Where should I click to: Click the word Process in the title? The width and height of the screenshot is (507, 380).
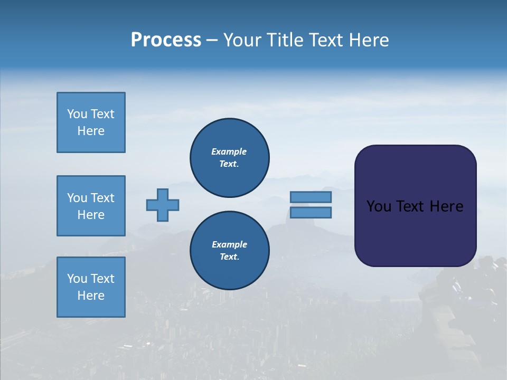(x=166, y=40)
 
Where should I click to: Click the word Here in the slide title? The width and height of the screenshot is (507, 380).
(x=368, y=40)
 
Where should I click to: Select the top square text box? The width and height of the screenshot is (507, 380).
(x=91, y=122)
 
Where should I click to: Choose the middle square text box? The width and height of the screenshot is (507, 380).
(x=91, y=206)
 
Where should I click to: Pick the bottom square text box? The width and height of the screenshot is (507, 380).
(x=91, y=287)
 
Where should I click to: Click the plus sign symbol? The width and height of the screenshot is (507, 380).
(x=163, y=205)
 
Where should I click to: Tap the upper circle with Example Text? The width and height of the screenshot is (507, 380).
(x=229, y=158)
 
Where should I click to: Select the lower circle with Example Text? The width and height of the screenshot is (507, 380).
(x=229, y=251)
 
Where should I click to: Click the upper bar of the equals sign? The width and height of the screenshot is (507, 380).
(x=311, y=197)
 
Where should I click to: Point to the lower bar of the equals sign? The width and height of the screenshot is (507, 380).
(x=311, y=212)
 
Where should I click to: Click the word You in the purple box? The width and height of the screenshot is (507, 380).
(x=379, y=206)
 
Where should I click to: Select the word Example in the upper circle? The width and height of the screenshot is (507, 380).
(x=229, y=151)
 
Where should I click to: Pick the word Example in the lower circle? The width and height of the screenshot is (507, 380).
(x=229, y=244)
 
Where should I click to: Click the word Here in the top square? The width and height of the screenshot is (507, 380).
(x=91, y=131)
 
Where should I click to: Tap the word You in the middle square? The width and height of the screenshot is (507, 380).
(x=77, y=198)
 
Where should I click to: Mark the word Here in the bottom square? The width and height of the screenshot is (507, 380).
(x=91, y=296)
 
